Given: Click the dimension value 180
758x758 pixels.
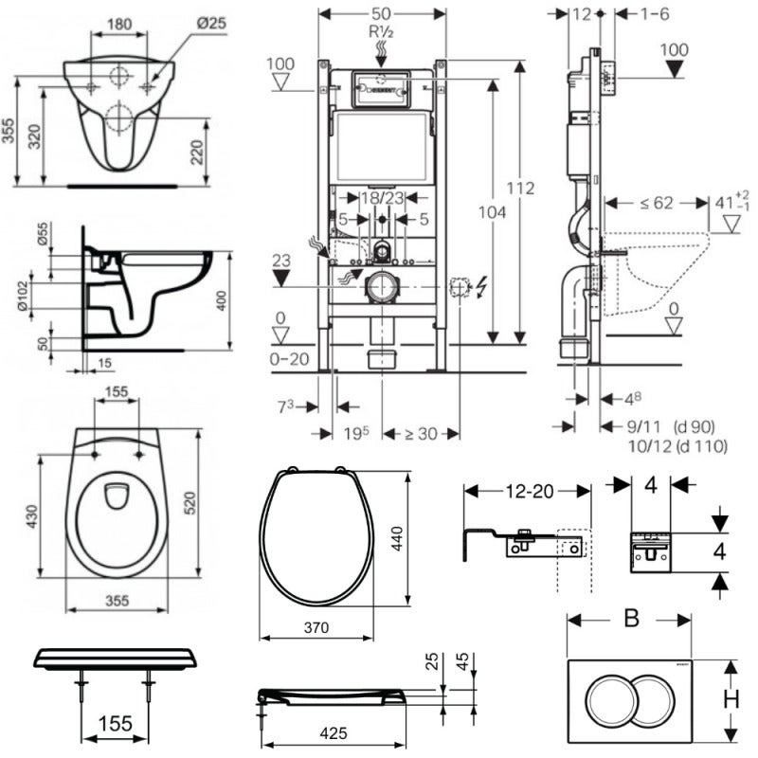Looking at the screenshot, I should pyautogui.click(x=118, y=22).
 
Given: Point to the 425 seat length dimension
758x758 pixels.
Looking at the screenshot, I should pyautogui.click(x=334, y=732).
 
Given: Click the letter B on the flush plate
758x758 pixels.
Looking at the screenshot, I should pyautogui.click(x=631, y=618).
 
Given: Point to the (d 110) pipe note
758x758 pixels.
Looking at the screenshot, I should pyautogui.click(x=690, y=444).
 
